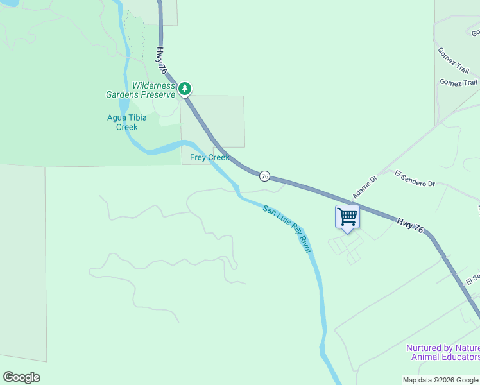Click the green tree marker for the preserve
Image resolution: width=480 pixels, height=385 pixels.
pos(185,88)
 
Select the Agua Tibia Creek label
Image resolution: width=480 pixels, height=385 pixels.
pos(126,122)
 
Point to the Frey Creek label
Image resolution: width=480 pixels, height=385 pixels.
pos(209,157)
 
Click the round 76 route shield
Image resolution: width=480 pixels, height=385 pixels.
pos(264,176)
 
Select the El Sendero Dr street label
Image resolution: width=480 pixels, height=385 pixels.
pos(415,179)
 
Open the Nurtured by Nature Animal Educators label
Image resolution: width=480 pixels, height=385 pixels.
pos(443,352)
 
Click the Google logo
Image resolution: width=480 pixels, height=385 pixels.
pos(21,377)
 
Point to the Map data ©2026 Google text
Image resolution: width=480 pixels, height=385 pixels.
pos(440,379)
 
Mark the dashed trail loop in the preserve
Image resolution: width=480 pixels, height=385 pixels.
pos(134,38)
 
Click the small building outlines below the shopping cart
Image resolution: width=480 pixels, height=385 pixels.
pos(345,249)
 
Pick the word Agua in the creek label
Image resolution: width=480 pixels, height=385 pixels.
pos(117,117)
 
